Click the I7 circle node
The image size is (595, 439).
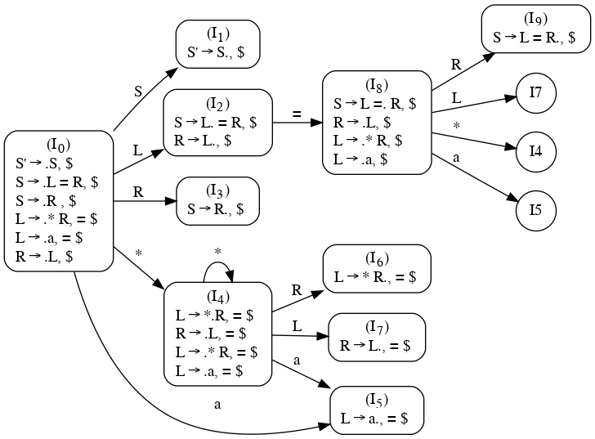(536, 92)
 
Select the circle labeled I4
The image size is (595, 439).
(536, 151)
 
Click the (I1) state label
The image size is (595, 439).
(218, 34)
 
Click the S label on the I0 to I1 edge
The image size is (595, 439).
(138, 91)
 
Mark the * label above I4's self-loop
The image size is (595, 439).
(217, 250)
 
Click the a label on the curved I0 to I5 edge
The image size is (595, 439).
(217, 403)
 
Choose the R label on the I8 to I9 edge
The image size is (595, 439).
(456, 64)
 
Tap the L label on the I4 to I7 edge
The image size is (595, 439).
(297, 325)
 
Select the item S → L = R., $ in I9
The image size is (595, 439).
(535, 38)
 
